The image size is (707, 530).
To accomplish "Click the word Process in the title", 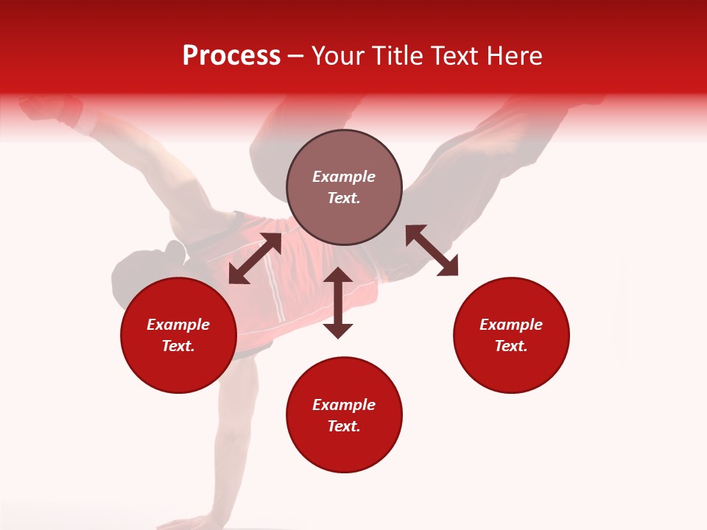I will [231, 56].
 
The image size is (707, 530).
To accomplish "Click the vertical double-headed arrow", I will [338, 303].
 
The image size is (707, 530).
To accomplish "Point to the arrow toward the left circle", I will [255, 258].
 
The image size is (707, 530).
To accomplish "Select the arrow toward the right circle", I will [432, 250].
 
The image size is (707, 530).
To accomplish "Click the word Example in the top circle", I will [344, 177].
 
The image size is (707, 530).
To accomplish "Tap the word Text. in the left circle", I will [178, 346].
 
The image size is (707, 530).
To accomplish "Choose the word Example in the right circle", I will [511, 325].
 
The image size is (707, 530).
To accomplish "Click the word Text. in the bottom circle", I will [344, 426].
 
